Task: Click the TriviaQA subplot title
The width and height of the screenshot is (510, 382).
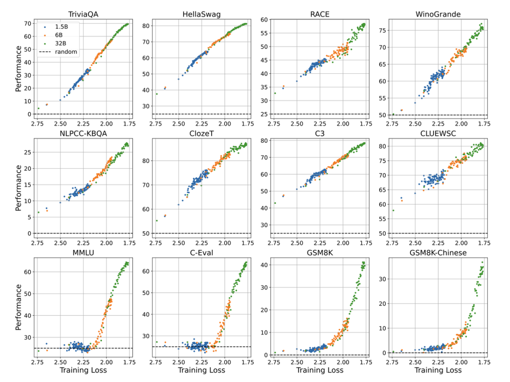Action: [83, 14]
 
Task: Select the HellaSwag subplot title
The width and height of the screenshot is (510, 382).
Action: [202, 14]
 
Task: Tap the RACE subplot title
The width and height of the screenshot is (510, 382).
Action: [320, 14]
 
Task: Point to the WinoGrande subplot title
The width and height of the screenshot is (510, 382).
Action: [438, 14]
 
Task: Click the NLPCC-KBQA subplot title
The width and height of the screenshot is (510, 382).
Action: [83, 133]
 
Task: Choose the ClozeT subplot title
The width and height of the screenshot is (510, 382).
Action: [202, 133]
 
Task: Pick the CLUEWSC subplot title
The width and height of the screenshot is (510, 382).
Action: [438, 133]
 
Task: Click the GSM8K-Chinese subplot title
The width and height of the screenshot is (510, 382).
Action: [438, 252]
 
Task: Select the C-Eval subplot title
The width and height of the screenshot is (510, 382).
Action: [202, 252]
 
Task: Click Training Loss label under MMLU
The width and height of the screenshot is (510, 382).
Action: [83, 370]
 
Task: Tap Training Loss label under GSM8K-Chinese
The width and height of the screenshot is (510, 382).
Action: [438, 370]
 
